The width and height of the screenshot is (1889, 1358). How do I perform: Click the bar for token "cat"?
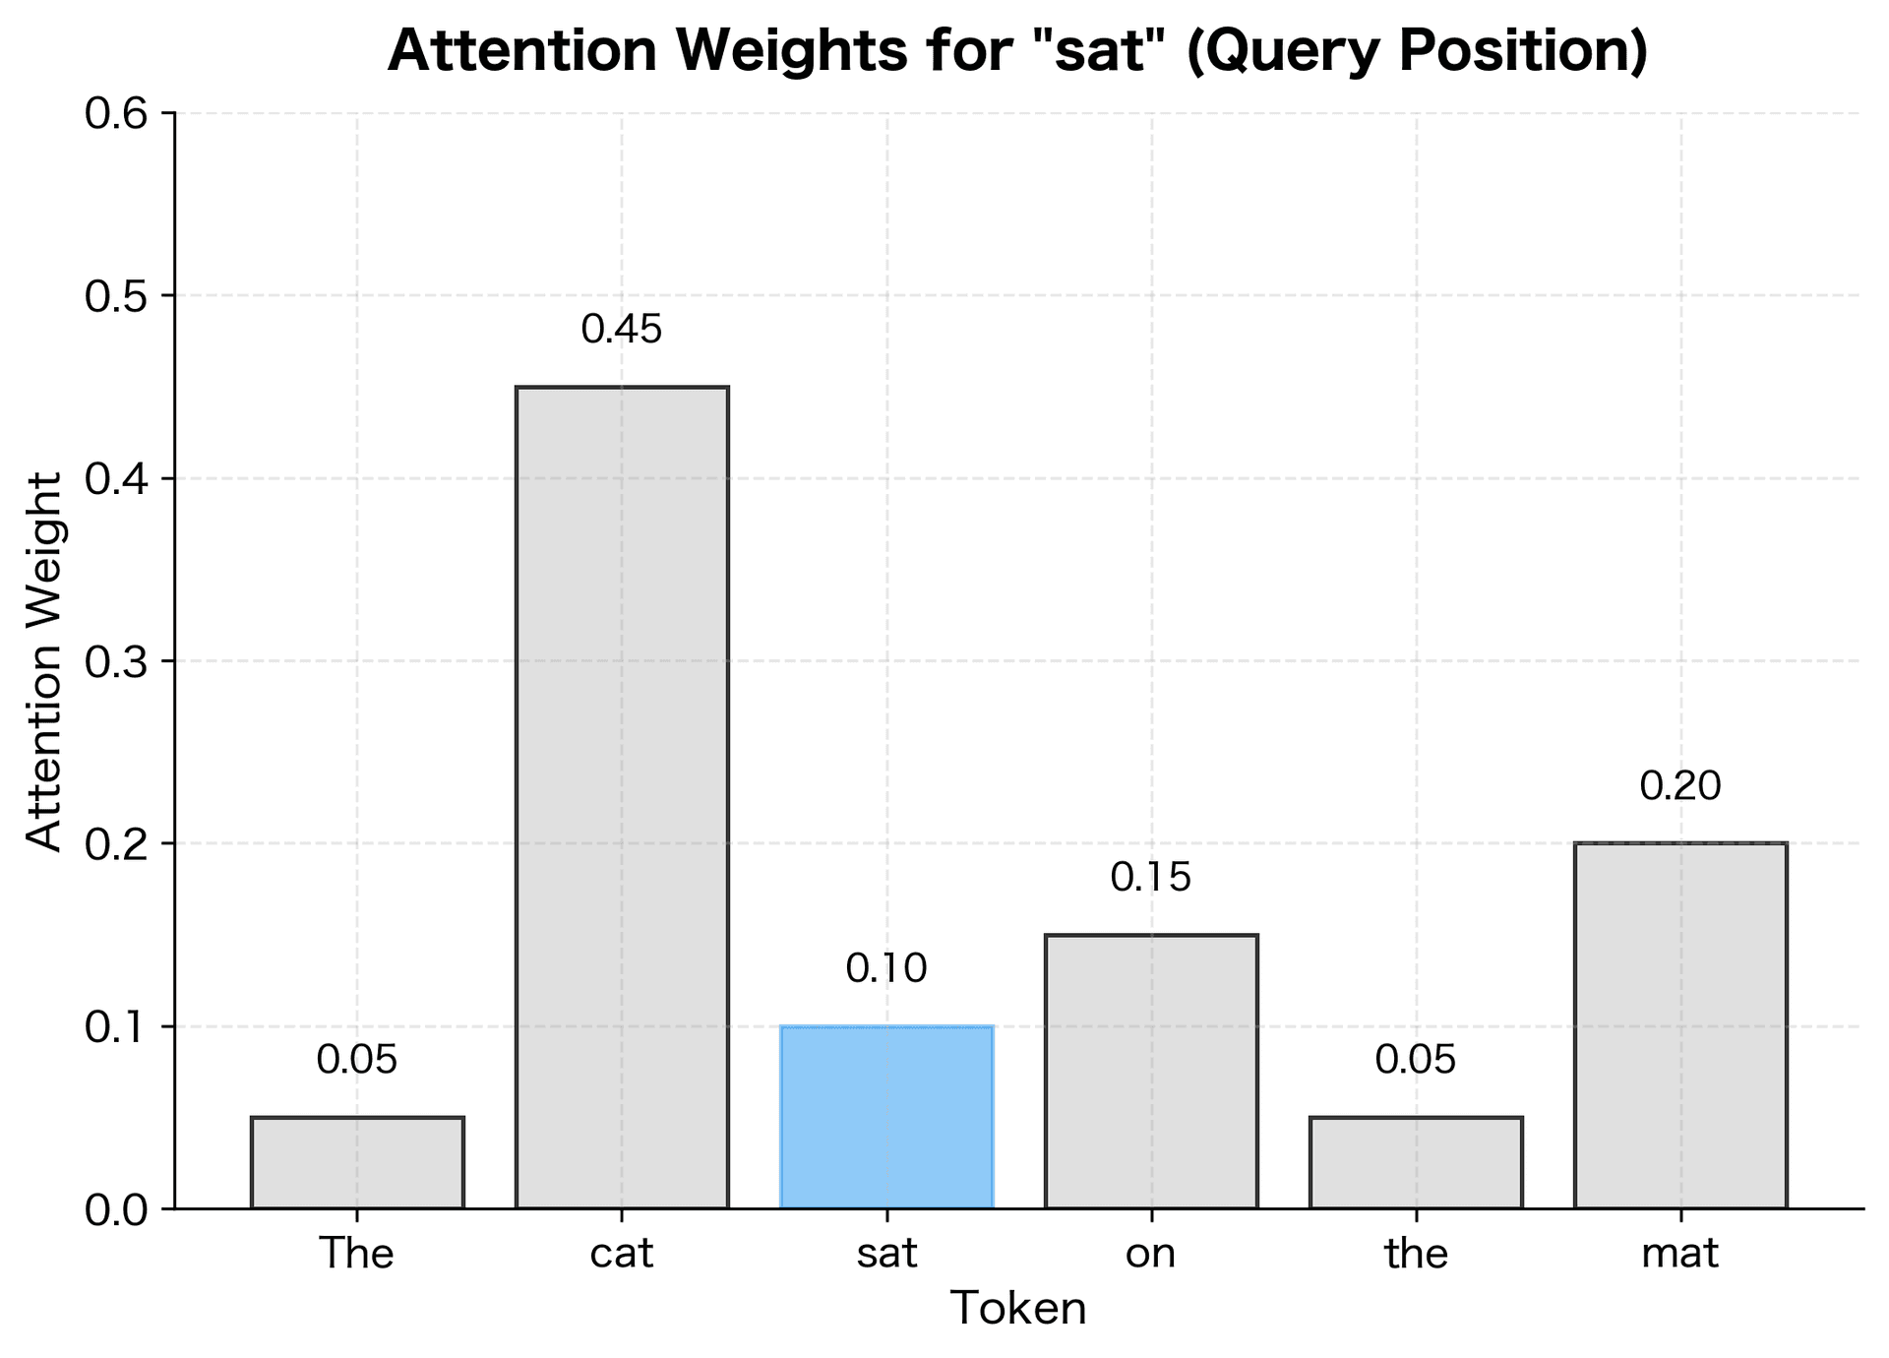point(622,797)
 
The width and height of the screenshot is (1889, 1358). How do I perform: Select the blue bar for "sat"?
point(886,1117)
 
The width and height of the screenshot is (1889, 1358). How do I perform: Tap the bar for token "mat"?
point(1680,1025)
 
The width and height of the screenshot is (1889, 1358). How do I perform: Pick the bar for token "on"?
point(1151,1071)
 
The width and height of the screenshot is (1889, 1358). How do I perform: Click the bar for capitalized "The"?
point(357,1162)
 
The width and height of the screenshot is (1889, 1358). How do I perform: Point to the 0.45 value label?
point(622,330)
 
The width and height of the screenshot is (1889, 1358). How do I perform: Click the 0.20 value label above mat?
point(1680,786)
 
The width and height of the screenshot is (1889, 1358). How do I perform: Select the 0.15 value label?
point(1151,878)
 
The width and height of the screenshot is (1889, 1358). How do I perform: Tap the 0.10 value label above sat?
point(886,969)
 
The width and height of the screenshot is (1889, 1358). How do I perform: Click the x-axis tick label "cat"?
point(622,1254)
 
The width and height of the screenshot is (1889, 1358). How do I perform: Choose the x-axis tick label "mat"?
point(1680,1254)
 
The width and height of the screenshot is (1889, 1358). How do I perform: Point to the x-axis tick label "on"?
point(1151,1254)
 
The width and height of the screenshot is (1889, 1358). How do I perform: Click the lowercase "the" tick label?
point(1416,1254)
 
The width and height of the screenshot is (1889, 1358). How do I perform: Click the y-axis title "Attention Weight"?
point(43,661)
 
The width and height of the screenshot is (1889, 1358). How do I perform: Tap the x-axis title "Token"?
point(1018,1310)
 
